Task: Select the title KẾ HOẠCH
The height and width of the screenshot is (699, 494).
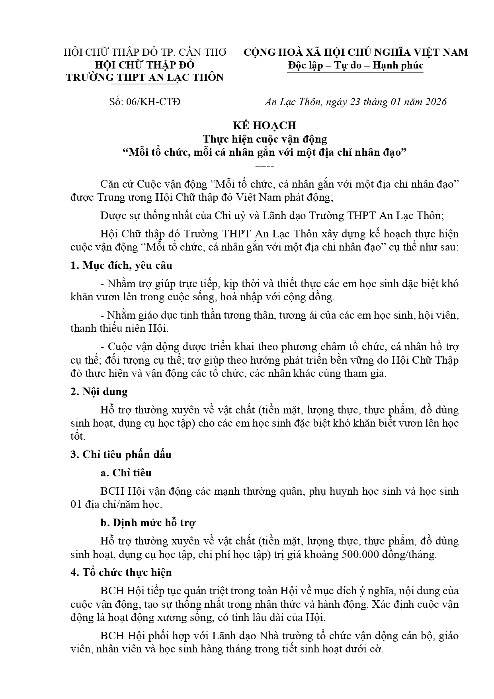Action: point(264,125)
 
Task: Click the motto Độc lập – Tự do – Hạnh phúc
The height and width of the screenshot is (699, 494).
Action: point(355,65)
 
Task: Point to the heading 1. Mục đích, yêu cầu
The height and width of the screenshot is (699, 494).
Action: point(121,266)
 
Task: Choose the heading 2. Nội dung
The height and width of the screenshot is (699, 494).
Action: point(99,392)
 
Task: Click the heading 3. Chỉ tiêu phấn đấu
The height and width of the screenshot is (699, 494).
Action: point(121,455)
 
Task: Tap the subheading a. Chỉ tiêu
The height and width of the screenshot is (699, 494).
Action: point(126,473)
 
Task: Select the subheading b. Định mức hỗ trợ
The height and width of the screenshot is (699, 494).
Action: point(148,523)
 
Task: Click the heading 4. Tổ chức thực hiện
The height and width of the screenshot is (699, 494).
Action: point(121,573)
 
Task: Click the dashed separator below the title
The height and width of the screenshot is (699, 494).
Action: point(264,166)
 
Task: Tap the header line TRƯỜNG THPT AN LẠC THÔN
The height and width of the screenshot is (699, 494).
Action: point(145,78)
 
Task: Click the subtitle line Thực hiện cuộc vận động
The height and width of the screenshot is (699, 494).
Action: point(265,139)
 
